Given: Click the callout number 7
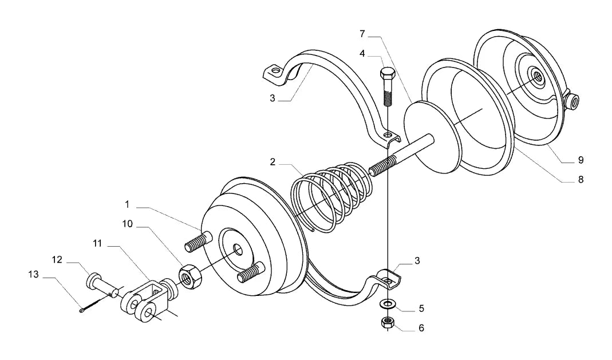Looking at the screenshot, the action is click(362, 34).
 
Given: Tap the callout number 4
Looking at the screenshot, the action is click(362, 53).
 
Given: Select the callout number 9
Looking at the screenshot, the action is click(581, 160).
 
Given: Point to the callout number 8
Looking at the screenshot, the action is click(581, 179).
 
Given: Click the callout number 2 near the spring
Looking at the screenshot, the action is click(273, 161).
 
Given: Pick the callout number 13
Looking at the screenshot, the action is click(34, 275).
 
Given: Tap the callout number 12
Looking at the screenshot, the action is click(57, 260).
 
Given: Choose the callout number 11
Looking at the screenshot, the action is click(97, 243).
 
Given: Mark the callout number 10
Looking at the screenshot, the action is click(127, 224).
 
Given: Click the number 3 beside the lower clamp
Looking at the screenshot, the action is click(417, 260).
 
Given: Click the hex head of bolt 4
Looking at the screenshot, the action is click(387, 74).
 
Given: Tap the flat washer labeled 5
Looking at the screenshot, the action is click(387, 303).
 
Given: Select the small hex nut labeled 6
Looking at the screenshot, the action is click(387, 323).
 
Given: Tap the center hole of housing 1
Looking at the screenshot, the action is click(237, 250).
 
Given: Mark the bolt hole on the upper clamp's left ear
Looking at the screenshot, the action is click(277, 72).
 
